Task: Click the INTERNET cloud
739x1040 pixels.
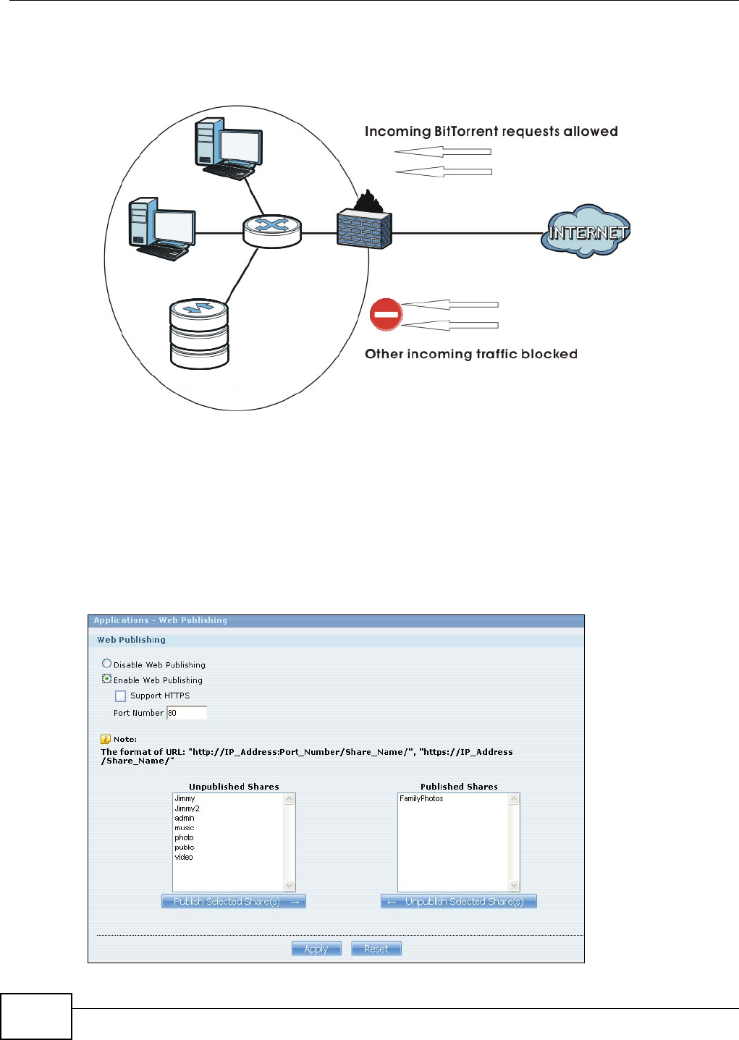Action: tap(586, 232)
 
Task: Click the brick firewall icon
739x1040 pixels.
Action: tap(364, 229)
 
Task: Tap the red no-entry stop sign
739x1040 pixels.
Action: tap(386, 315)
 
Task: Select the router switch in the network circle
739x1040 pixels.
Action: tap(272, 231)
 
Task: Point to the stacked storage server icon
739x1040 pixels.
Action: tap(199, 334)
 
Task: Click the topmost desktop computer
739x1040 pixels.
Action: tap(228, 149)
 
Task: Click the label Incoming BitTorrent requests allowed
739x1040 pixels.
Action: tap(491, 132)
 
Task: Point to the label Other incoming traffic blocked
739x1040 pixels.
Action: tap(470, 354)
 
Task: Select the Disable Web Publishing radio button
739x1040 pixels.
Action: tap(107, 664)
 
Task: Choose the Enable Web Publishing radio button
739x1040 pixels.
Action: tap(107, 679)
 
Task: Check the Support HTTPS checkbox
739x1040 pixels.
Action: tap(121, 696)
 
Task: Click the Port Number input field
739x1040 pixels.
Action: tap(187, 713)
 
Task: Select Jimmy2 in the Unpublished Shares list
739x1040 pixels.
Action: tap(187, 808)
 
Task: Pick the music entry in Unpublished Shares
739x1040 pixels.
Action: tap(185, 828)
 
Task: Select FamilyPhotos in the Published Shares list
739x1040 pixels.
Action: tap(421, 798)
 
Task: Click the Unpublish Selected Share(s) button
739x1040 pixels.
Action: tap(459, 901)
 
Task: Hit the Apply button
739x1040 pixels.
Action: tap(316, 949)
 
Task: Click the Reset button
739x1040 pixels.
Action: tap(376, 949)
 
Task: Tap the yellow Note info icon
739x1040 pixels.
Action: tap(105, 739)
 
